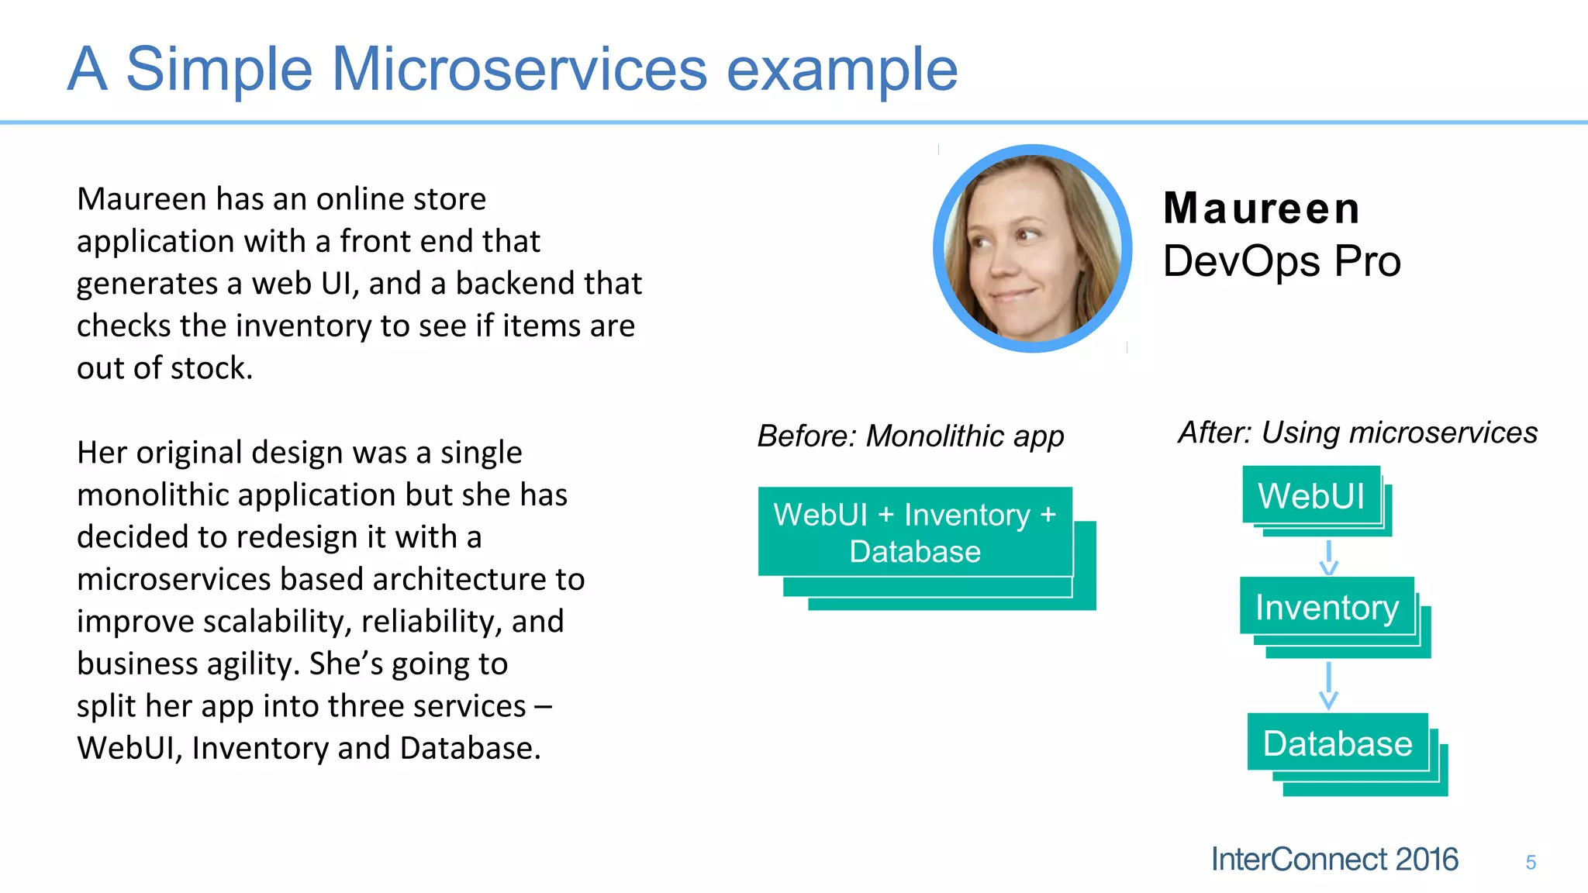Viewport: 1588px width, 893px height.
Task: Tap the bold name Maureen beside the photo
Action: (x=1262, y=209)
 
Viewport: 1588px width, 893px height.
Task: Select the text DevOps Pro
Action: (x=1282, y=261)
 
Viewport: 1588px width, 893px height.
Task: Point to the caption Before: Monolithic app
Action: (x=910, y=436)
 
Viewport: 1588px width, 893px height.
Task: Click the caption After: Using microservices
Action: (x=1357, y=433)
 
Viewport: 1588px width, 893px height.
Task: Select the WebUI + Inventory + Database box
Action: (x=915, y=533)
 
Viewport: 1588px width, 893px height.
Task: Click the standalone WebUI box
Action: (x=1311, y=496)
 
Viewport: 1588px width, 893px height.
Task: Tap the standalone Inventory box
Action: (x=1327, y=608)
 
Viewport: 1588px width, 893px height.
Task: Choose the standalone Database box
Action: (x=1338, y=743)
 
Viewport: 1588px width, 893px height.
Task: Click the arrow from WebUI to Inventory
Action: (x=1329, y=557)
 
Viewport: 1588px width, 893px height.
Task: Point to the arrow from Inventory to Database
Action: (x=1329, y=685)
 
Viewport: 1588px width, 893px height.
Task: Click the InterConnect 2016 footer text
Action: (x=1334, y=860)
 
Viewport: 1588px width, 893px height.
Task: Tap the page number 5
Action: (x=1531, y=863)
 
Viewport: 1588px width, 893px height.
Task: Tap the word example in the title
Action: (x=841, y=70)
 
